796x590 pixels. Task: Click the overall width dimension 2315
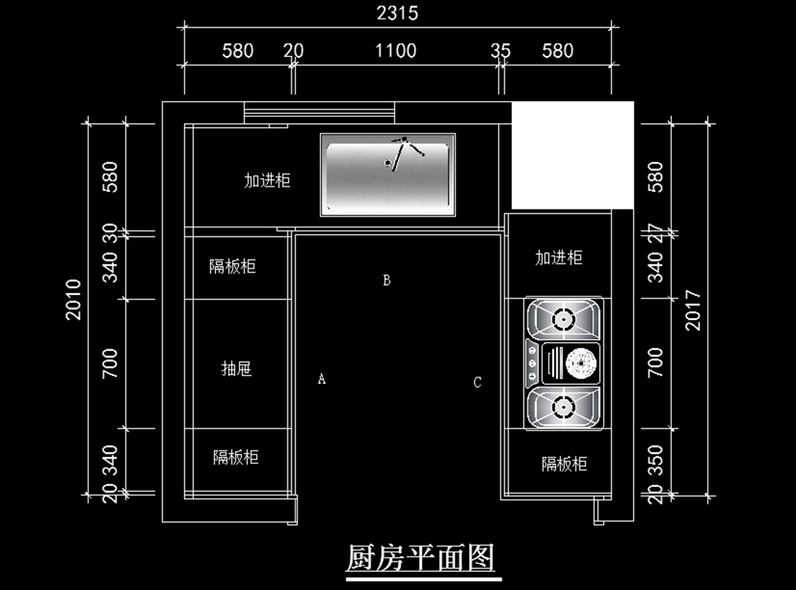(398, 13)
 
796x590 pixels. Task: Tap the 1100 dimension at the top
(396, 50)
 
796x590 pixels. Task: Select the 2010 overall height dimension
(74, 299)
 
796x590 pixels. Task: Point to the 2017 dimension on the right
(693, 310)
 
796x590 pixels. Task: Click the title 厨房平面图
(421, 557)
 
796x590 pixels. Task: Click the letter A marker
(322, 379)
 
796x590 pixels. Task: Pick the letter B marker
(387, 280)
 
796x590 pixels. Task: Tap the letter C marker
(478, 382)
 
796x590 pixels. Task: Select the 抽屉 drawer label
(236, 369)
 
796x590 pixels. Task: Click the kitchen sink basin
(388, 175)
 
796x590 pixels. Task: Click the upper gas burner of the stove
(563, 319)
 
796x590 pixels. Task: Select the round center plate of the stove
(580, 363)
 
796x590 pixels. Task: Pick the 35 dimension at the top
(501, 50)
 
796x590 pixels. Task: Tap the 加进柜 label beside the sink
(267, 180)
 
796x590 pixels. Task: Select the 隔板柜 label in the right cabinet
(564, 463)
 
